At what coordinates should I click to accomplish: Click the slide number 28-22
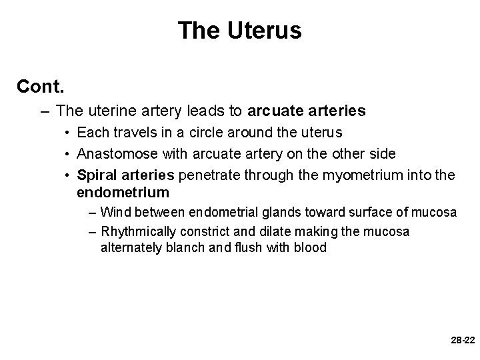tap(462, 339)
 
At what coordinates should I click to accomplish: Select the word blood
tap(307, 247)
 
